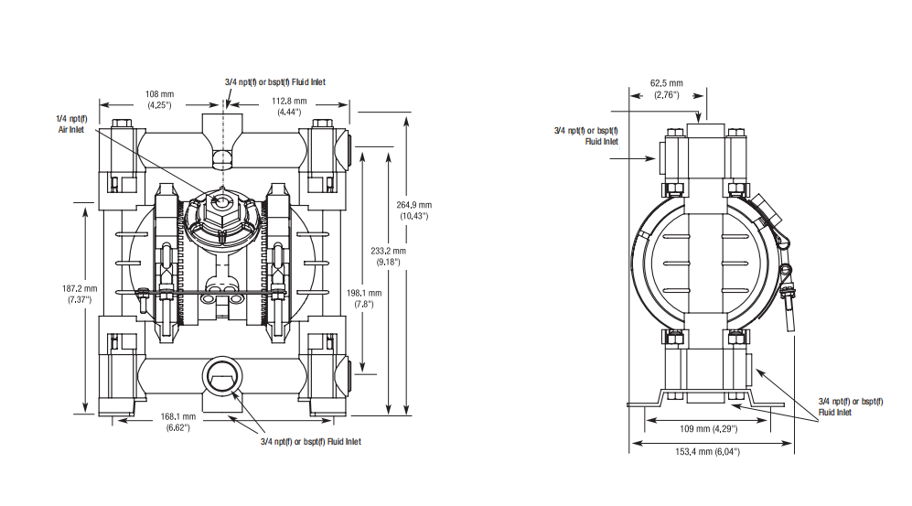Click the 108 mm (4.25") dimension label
159,99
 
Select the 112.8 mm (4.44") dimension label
288,106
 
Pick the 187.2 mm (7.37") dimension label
76,294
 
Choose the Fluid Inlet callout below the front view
311,442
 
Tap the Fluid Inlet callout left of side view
586,135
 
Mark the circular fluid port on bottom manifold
220,375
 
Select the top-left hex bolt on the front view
121,125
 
